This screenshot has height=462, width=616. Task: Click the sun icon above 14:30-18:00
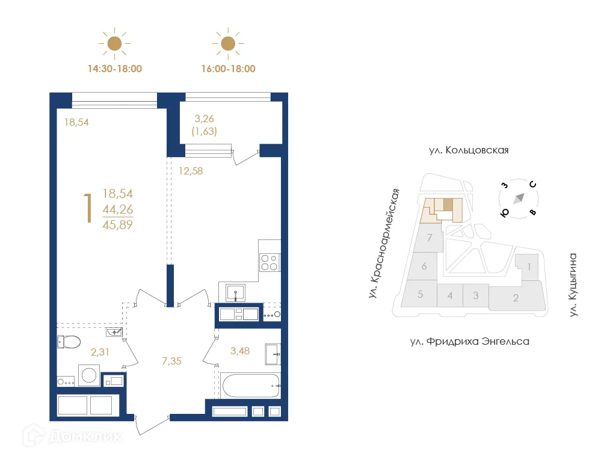coord(114,43)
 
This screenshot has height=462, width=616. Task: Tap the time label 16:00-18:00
coord(228,69)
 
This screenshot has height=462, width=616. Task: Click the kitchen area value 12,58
coord(191,170)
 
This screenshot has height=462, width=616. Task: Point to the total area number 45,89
coord(118,226)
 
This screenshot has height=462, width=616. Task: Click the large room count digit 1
coord(88,209)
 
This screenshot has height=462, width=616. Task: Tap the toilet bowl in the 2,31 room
coord(69,342)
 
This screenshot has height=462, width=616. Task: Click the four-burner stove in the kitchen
coord(268,263)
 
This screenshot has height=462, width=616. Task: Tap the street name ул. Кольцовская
coord(469,150)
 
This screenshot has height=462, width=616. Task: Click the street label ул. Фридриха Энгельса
coord(469,342)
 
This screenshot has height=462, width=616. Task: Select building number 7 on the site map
coord(429,238)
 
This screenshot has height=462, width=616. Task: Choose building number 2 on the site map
coord(516,298)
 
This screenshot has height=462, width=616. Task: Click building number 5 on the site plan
coord(420,295)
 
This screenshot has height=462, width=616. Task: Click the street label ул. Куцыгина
coord(573,285)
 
